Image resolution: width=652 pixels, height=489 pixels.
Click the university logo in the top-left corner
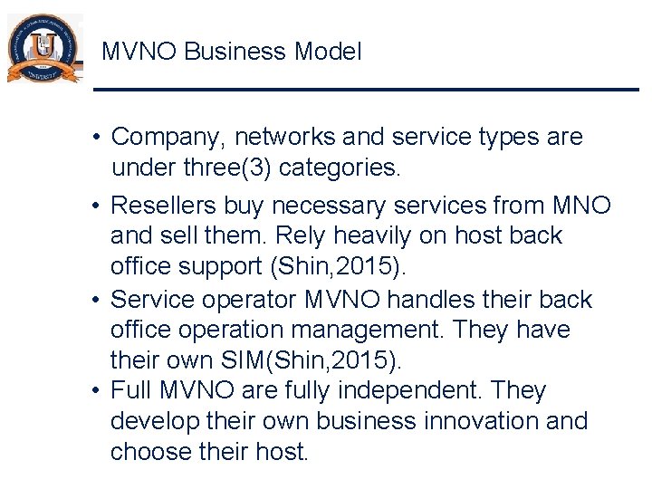tap(43, 50)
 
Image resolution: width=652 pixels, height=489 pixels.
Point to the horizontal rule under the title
tap(367, 89)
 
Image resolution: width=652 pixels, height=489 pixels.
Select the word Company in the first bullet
tap(168, 138)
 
